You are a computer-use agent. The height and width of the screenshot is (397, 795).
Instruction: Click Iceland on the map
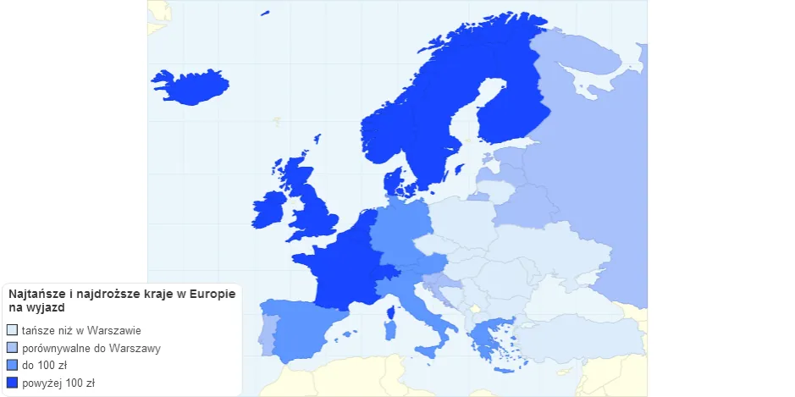[191, 85]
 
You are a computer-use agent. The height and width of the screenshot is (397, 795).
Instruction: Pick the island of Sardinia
[389, 328]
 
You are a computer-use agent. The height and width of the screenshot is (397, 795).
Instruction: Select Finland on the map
[508, 110]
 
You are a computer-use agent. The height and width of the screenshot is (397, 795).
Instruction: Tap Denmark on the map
[394, 181]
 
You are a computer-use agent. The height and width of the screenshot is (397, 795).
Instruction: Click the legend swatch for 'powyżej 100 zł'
[12, 383]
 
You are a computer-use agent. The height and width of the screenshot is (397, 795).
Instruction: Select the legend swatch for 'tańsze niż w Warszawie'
[12, 330]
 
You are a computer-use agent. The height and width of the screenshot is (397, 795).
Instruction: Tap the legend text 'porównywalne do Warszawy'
[91, 348]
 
